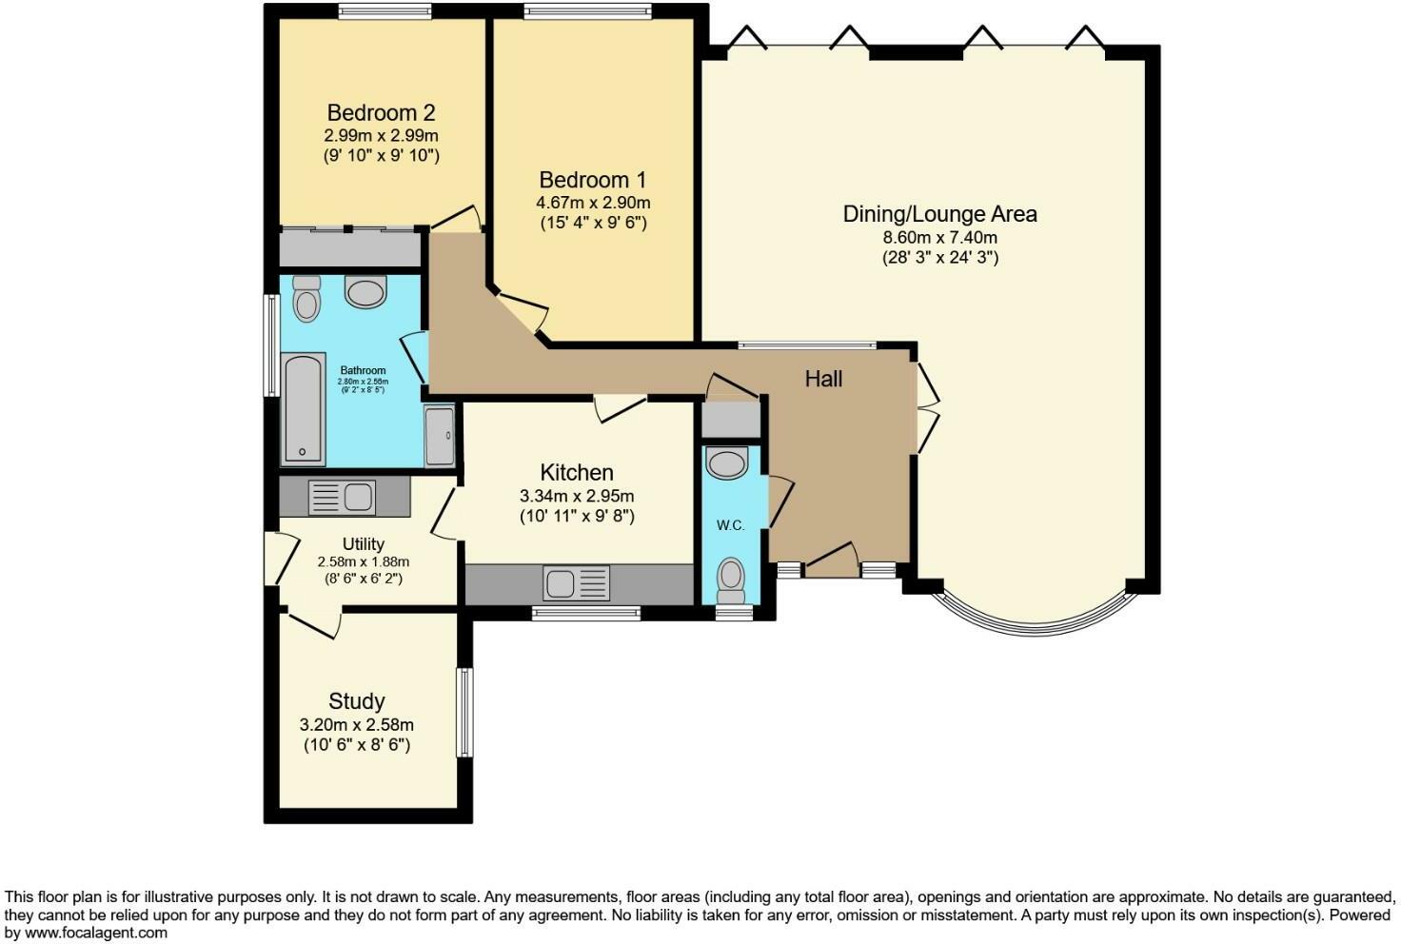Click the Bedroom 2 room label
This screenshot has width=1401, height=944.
point(381,112)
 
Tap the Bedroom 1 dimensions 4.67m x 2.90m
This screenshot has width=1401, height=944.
point(593,203)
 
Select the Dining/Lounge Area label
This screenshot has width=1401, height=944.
point(939,214)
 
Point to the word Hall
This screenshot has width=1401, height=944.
point(823,379)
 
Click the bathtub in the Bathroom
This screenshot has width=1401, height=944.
point(303,409)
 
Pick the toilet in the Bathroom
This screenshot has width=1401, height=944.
point(306,299)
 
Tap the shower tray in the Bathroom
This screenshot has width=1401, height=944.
point(440,436)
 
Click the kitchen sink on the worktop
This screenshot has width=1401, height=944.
point(576,582)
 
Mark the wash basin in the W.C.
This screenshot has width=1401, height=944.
point(728,463)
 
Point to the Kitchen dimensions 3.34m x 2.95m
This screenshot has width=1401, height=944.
point(577,496)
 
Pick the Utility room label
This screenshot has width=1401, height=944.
point(363,543)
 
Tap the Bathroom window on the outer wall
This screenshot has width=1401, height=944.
point(271,344)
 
